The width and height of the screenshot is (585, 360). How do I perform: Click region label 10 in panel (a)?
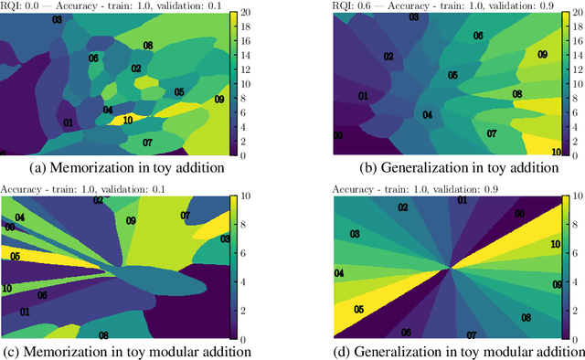pos(128,120)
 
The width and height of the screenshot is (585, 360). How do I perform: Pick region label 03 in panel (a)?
pos(58,19)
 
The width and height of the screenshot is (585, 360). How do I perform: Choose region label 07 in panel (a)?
pos(147,143)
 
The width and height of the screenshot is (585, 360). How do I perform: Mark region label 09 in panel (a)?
pos(218,99)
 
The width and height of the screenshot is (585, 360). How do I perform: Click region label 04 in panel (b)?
pos(427,115)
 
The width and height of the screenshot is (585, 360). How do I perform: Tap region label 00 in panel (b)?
pos(338,136)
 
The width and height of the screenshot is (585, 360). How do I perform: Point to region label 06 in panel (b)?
pos(477,37)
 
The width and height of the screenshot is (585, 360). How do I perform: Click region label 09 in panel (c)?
pos(131,221)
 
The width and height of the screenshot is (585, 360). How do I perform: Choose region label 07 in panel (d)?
pos(472,335)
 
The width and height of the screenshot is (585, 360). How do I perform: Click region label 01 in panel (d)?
pos(463,200)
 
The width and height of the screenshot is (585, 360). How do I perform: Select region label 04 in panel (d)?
pos(339,273)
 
